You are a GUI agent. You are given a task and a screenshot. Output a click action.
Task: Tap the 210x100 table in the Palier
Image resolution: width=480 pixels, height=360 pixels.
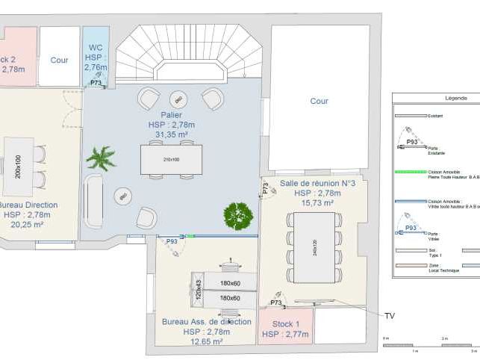pos(171,159)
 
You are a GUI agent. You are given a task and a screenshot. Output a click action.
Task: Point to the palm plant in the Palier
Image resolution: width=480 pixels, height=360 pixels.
pos(100,158)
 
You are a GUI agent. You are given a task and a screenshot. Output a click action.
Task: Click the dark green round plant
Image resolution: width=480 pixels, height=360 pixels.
pos(238,216)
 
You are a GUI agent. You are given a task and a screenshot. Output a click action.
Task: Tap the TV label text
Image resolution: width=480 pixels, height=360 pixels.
pos(389,316)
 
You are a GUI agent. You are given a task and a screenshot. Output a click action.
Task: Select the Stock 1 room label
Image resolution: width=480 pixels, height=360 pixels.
pos(284,324)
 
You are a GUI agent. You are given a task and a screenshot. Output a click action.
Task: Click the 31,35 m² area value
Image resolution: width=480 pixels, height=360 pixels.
pos(170,134)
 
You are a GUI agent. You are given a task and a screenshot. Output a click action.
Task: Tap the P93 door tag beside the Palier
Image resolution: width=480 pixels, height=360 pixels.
pos(171,241)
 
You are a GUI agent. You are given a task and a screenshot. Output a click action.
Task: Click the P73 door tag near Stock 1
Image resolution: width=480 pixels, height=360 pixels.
pos(275,302)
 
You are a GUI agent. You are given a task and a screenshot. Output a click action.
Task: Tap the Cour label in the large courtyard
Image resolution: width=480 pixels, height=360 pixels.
pos(319,101)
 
